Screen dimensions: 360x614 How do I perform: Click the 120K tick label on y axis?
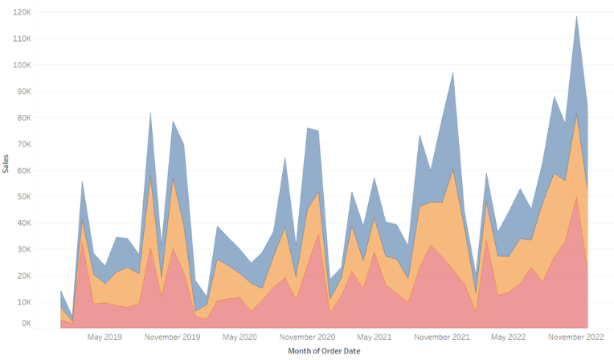pos(22,12)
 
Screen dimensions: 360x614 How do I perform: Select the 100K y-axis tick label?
pos(22,65)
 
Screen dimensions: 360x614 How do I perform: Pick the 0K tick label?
pos(25,324)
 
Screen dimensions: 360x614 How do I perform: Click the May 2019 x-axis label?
pos(104,337)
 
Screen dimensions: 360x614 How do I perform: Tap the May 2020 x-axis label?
pos(239,337)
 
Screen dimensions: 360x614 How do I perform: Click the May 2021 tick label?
pos(374,337)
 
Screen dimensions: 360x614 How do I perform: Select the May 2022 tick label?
pos(508,337)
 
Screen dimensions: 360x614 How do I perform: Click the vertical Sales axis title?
pos(7,166)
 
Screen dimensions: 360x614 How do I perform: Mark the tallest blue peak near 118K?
pos(576,16)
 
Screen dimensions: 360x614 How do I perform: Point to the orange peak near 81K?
pos(576,114)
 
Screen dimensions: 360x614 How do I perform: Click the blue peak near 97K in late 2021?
pos(453,73)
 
